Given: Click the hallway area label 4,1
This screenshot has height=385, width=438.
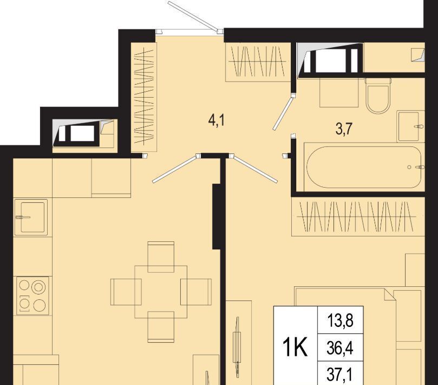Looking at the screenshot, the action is click(217, 121).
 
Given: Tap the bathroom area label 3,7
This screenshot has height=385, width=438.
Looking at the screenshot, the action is click(344, 129).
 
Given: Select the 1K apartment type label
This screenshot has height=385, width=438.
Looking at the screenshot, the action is click(295, 347).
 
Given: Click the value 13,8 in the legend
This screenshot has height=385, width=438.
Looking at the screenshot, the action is click(340, 320).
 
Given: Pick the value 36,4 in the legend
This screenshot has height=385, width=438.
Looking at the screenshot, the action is click(340, 348).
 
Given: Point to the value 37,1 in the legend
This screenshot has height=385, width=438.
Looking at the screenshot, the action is click(340, 375).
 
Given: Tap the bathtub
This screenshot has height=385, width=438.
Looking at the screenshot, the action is click(364, 167).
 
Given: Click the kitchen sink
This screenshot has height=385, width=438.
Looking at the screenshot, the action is click(31, 217).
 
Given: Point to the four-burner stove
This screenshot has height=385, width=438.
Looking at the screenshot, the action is click(32, 296).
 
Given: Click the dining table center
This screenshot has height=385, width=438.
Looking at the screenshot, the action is click(161, 292).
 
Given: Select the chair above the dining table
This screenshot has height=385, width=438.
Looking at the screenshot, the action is click(161, 256).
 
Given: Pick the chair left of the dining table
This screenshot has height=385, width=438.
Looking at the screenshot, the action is click(126, 292).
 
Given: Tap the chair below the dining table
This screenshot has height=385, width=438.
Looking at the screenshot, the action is click(161, 327).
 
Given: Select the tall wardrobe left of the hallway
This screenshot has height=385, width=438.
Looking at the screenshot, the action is click(144, 97).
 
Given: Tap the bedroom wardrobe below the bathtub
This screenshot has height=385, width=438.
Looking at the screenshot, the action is click(358, 216).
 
